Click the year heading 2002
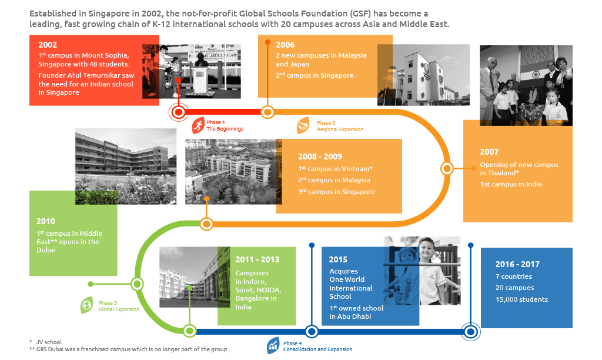[48, 45]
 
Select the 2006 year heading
[285, 45]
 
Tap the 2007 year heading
[489, 152]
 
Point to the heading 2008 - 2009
[320, 156]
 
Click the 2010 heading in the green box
[46, 221]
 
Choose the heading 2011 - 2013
[257, 260]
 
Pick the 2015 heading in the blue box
[338, 260]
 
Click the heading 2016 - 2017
[517, 264]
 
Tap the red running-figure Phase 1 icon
[198, 125]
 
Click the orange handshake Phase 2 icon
[303, 125]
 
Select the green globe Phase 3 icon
[87, 305]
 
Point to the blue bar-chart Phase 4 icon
[273, 346]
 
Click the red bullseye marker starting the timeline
[179, 112]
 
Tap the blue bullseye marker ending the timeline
[471, 332]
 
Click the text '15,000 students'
[522, 299]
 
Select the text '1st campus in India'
[511, 185]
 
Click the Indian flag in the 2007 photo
[535, 75]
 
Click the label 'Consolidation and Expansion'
[317, 349]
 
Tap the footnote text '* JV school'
[45, 342]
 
